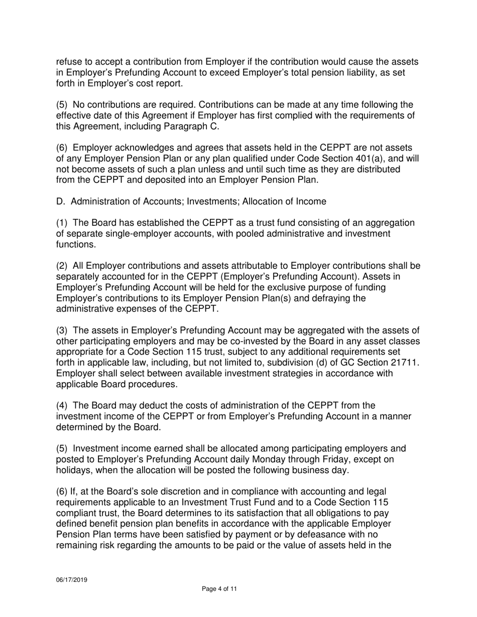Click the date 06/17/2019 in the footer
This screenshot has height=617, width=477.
click(71, 579)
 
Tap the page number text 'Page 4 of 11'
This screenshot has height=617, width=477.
click(219, 589)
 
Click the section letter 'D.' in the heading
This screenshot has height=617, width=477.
click(60, 202)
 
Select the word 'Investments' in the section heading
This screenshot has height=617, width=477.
click(207, 202)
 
